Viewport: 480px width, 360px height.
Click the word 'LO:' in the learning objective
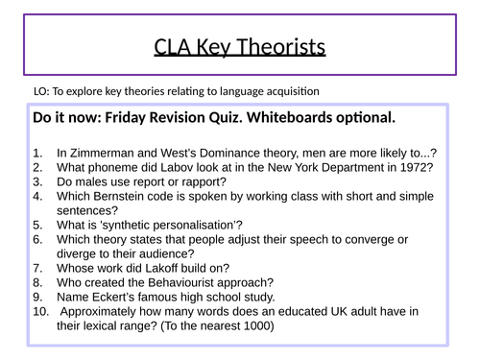(40, 92)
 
